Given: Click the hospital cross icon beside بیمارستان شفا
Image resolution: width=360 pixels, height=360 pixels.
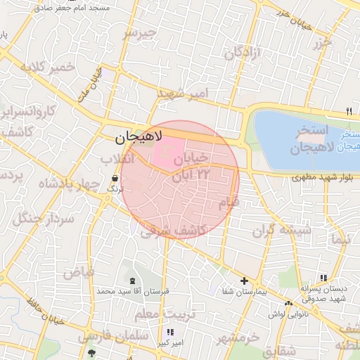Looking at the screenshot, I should tap(244, 281).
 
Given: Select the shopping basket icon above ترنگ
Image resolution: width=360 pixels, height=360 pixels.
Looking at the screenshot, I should tap(114, 179).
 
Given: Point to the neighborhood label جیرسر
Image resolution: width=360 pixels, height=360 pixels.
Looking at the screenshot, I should tap(139, 34).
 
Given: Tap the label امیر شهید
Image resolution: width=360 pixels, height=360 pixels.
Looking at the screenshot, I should tap(183, 93).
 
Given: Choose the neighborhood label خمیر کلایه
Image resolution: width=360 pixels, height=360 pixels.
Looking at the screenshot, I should tap(47, 67).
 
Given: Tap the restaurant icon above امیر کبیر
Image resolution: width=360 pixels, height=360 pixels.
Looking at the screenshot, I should tap(169, 333).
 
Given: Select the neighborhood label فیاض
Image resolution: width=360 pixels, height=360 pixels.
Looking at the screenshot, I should tap(79, 271).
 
